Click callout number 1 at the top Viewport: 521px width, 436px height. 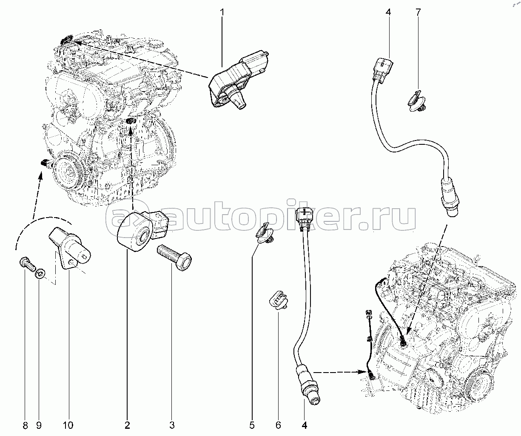tap(222, 12)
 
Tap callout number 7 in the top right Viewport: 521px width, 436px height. tap(418, 12)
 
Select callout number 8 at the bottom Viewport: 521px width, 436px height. tap(25, 425)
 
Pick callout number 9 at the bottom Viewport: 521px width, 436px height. tap(39, 425)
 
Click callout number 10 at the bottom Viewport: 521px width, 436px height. tap(68, 425)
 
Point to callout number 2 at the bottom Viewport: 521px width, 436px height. tap(127, 425)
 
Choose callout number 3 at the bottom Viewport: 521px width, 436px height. tap(172, 425)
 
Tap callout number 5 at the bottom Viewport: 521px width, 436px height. tap(252, 425)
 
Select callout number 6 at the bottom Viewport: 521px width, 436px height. tap(278, 425)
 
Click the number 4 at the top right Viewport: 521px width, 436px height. tap(388, 12)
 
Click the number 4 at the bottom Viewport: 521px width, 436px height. tap(305, 425)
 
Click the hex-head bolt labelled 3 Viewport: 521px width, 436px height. tap(174, 258)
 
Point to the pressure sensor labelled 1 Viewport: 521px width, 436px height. tap(238, 80)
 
